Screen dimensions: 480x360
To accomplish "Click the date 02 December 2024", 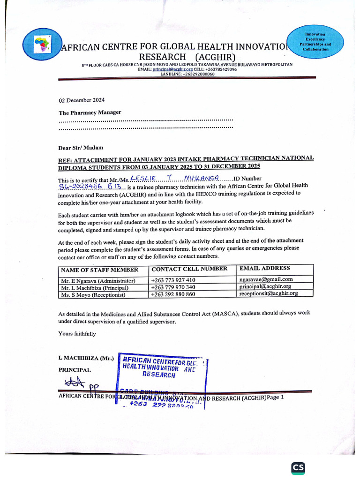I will click(82, 100).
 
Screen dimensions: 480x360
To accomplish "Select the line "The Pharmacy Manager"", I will click(90, 112).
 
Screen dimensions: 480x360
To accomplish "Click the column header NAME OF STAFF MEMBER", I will click(99, 270).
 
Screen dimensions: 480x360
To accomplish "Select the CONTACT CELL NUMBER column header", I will click(189, 269).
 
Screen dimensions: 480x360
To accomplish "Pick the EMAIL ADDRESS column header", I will click(264, 268).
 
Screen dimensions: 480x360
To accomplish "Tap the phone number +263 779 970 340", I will click(173, 287).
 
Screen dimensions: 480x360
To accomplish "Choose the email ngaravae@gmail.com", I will click(266, 279).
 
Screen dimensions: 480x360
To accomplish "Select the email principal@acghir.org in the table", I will click(265, 286).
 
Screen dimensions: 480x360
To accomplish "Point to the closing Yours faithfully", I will click(77, 334).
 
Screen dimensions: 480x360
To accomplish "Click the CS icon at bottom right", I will click(298, 468).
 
